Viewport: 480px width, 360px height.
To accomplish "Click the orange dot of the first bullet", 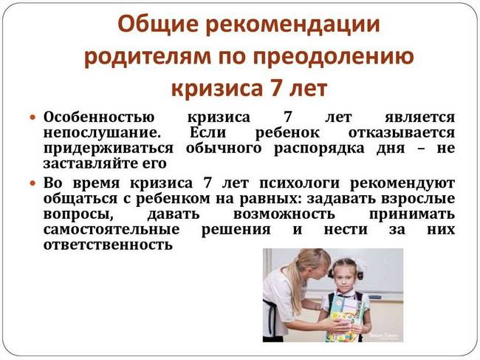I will pos(32,118).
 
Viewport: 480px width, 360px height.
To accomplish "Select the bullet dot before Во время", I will pos(32,182).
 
